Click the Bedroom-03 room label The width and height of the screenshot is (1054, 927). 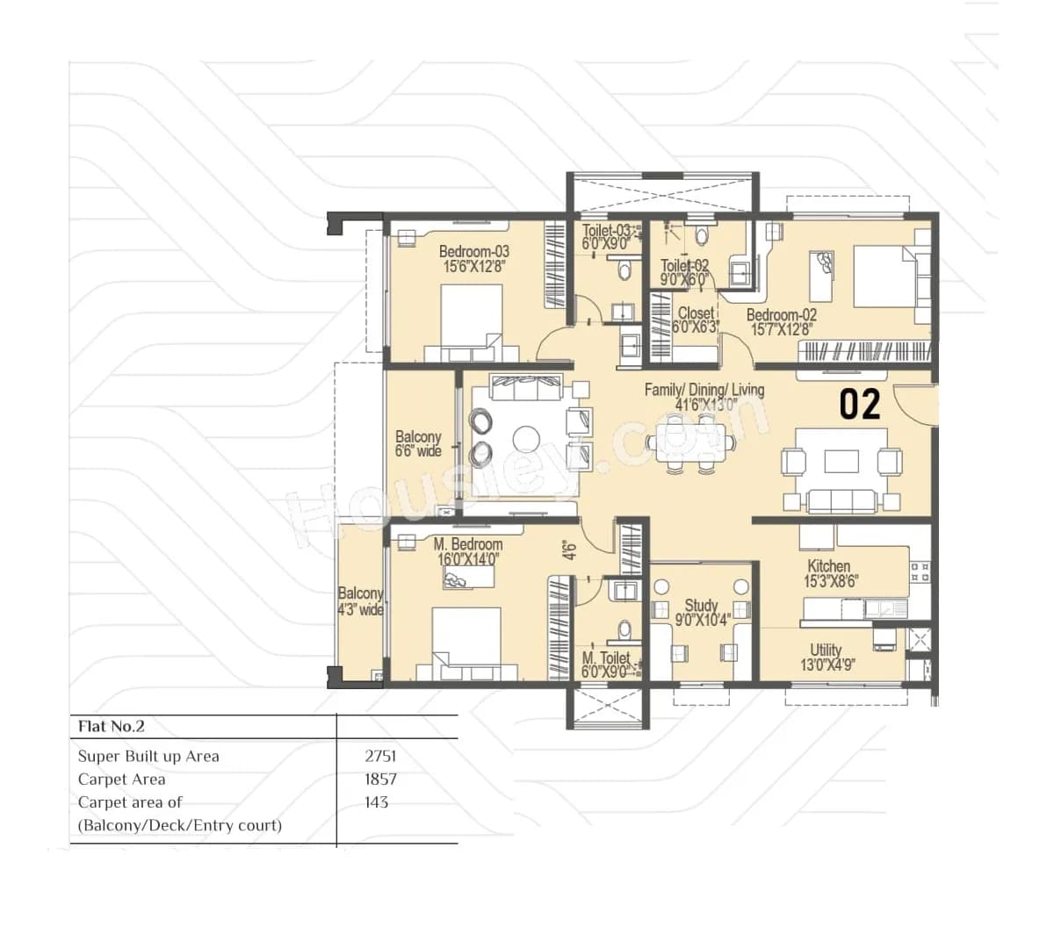click(473, 252)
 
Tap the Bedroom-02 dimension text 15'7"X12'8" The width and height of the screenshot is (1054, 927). click(781, 330)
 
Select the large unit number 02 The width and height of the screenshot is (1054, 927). click(859, 405)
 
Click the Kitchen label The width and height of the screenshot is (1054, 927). click(828, 566)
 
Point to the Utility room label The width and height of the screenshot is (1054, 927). click(826, 650)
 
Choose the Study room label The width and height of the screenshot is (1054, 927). click(701, 605)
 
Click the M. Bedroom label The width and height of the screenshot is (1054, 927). click(467, 544)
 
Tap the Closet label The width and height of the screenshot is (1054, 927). click(696, 313)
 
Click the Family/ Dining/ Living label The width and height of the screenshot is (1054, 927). click(704, 390)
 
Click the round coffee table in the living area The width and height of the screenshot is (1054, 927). click(527, 438)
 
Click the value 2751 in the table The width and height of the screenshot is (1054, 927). click(380, 756)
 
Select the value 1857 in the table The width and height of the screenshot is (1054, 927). click(380, 779)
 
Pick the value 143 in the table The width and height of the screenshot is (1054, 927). click(376, 801)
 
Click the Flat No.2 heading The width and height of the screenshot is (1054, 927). click(111, 726)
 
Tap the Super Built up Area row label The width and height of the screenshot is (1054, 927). click(148, 756)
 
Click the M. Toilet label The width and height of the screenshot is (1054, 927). click(605, 658)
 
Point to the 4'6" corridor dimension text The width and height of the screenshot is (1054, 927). click(569, 550)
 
